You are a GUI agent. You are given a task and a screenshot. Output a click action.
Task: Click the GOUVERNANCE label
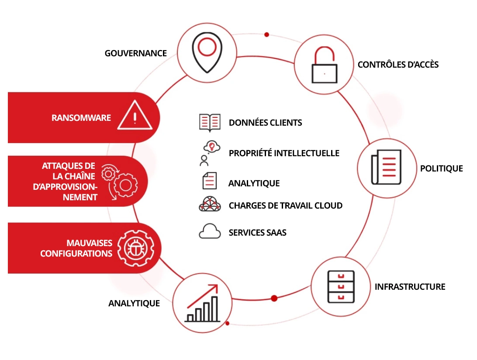136,53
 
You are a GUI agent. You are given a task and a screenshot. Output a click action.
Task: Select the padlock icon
324,66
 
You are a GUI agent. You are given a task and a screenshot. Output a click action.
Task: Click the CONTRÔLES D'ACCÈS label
398,65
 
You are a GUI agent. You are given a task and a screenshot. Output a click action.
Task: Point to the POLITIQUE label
441,168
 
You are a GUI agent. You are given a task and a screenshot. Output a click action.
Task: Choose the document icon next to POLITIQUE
386,168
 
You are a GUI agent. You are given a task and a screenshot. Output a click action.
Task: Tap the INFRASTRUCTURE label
410,287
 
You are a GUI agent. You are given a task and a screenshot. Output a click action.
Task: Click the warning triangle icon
135,116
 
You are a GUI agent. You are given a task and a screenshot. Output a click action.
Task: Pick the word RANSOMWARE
81,118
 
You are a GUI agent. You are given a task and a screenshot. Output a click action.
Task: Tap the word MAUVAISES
89,243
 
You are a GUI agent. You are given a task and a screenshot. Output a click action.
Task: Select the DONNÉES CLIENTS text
265,123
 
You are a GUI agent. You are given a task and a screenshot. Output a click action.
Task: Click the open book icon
210,123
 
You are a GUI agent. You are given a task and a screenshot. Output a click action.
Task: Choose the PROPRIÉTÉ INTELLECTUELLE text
284,153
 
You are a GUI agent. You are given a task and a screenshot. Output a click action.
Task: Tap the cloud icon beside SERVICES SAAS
210,232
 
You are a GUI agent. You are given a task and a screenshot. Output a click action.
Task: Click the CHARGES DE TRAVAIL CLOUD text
285,206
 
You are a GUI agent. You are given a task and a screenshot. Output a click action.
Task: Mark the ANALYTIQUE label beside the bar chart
134,303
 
